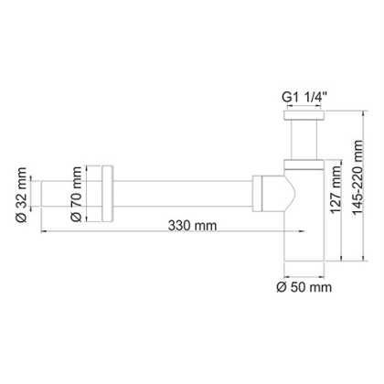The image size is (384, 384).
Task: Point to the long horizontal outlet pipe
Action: click(183, 195)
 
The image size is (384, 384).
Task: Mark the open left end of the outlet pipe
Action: click(41, 195)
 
